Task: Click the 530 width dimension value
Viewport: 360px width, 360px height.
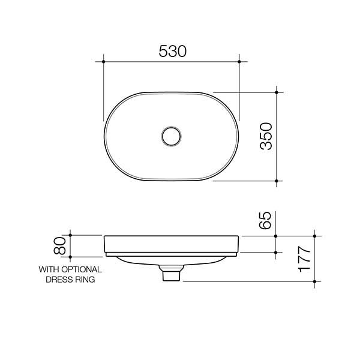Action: coord(172,50)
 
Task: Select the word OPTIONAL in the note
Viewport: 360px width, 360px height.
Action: coord(82,270)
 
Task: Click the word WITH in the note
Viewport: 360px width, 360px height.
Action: coord(49,270)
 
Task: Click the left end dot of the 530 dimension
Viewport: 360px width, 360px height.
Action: coord(104,61)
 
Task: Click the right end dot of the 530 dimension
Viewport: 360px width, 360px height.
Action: coord(239,61)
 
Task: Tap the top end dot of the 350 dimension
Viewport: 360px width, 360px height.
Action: coord(277,92)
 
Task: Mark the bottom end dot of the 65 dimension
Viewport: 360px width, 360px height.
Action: coord(277,253)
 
